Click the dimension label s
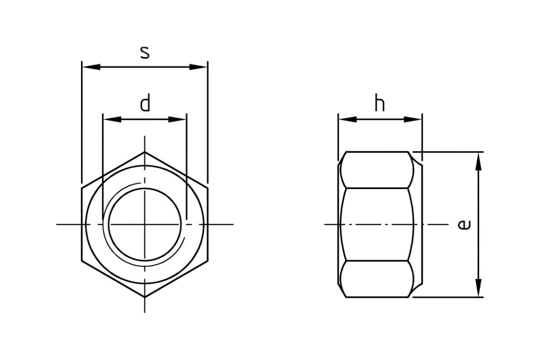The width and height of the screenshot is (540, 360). pyautogui.click(x=145, y=53)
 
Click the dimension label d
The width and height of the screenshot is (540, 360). pyautogui.click(x=145, y=103)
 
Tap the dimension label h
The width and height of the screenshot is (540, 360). pyautogui.click(x=380, y=103)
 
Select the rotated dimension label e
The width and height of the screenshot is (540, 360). pyautogui.click(x=464, y=225)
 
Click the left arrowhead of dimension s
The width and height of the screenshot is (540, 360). pyautogui.click(x=91, y=67)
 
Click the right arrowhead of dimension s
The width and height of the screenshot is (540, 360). pyautogui.click(x=198, y=67)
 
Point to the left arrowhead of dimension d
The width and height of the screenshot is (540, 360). pyautogui.click(x=112, y=119)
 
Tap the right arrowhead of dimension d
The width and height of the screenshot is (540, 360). pyautogui.click(x=177, y=119)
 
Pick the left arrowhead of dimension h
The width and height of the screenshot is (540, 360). pyautogui.click(x=347, y=119)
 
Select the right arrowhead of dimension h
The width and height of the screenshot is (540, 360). pyautogui.click(x=413, y=119)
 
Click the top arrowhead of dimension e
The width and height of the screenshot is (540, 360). pyautogui.click(x=478, y=162)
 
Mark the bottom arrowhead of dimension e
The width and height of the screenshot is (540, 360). pyautogui.click(x=478, y=288)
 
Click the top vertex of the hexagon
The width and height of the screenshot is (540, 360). pyautogui.click(x=144, y=152)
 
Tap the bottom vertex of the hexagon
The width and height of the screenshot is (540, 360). pyautogui.click(x=144, y=297)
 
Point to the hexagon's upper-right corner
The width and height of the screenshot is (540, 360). pyautogui.click(x=207, y=188)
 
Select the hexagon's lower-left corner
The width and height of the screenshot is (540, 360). pyautogui.click(x=82, y=261)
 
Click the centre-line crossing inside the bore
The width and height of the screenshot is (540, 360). pyautogui.click(x=144, y=225)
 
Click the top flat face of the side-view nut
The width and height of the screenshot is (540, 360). pyautogui.click(x=377, y=170)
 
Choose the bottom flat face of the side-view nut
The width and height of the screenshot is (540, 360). pyautogui.click(x=377, y=279)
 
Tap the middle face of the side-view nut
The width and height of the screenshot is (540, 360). pyautogui.click(x=377, y=225)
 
